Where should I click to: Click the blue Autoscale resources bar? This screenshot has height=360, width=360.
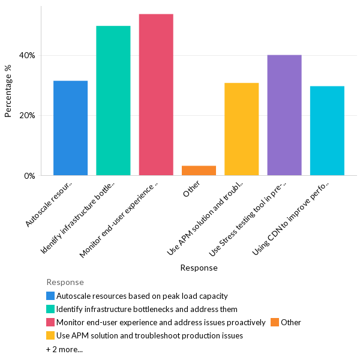coord(70,128)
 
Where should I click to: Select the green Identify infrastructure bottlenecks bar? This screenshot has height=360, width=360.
coord(113,101)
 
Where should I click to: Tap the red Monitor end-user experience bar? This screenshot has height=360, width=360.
coord(156,95)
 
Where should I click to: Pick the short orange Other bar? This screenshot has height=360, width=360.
coord(199,170)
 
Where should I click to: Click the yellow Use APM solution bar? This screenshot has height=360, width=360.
coord(241,129)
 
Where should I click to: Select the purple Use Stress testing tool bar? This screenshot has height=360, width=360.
coord(284,115)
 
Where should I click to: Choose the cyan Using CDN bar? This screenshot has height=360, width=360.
coord(327,131)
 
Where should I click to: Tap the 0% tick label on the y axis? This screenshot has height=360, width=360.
coord(29,176)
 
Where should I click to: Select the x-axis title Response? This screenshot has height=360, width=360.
coord(199,268)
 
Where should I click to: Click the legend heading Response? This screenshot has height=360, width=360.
coord(65,282)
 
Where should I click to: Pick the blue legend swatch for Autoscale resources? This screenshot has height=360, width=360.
coord(50,296)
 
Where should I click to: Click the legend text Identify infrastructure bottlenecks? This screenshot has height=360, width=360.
coord(146,309)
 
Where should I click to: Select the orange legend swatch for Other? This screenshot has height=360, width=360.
coord(275,322)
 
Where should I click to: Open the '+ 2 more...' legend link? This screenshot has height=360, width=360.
coord(64,349)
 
